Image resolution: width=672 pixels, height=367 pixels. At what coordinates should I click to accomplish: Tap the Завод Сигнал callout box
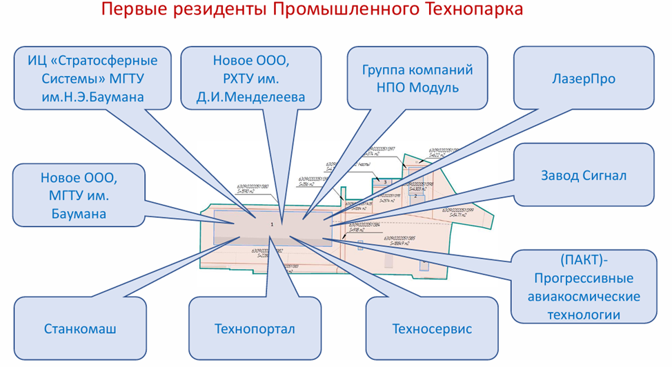coord(584,175)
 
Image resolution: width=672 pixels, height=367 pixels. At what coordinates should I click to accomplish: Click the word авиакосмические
coord(584,297)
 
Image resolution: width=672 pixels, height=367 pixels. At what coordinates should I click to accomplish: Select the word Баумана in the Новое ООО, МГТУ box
coord(79,214)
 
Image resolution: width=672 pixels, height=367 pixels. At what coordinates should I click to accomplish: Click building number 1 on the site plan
coord(272,225)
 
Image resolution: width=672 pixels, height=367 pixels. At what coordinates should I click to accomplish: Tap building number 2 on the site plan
coord(415,195)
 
